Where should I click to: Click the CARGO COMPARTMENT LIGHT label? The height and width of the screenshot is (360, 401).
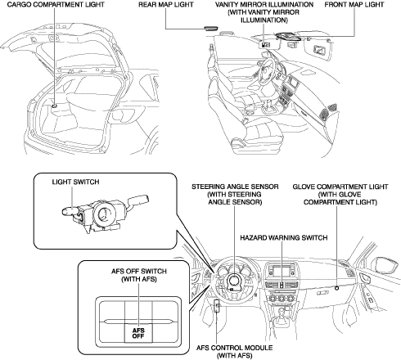(56, 5)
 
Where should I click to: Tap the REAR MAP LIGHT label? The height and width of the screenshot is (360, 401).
(166, 5)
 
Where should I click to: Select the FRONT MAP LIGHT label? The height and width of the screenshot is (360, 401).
(354, 5)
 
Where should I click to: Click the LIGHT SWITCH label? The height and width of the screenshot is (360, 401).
(75, 182)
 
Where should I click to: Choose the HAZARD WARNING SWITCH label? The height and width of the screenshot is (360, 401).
(284, 238)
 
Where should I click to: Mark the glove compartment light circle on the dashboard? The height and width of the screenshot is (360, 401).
(336, 288)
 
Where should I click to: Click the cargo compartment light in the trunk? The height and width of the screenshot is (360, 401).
(54, 106)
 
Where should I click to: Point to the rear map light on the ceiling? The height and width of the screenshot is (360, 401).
(211, 28)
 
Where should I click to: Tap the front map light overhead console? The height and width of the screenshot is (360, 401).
(288, 37)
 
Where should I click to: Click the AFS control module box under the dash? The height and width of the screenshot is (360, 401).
(217, 306)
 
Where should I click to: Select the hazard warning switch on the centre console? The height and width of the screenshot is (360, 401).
(282, 285)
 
